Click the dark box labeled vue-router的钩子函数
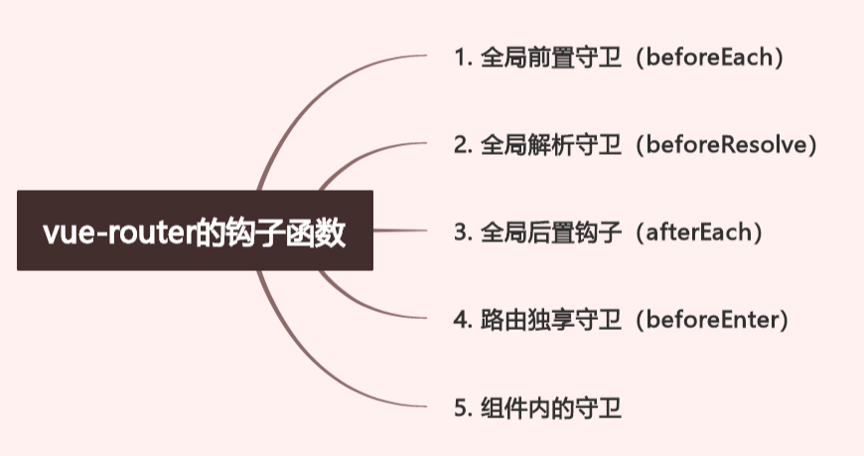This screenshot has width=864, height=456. [195, 230]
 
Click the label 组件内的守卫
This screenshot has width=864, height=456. [550, 407]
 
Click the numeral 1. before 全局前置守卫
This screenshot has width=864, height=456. [461, 57]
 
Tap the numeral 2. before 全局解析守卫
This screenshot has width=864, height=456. [461, 145]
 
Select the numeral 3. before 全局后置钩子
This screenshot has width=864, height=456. [461, 232]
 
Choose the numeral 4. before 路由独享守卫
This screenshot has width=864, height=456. [461, 320]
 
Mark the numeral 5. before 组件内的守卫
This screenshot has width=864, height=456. [461, 407]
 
